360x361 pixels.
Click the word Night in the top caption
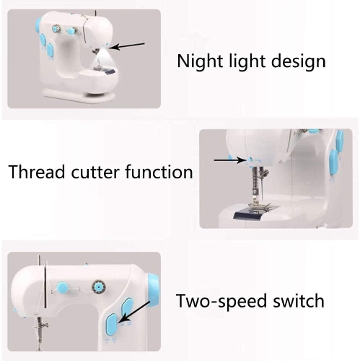coord(199,61)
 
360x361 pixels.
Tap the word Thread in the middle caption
coord(34,173)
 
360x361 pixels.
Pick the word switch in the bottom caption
coord(297,300)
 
